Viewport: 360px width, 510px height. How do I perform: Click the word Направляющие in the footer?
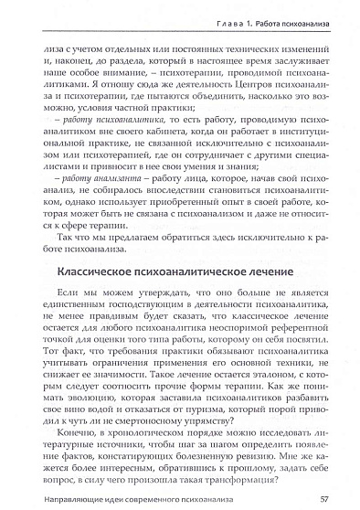click(72, 498)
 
